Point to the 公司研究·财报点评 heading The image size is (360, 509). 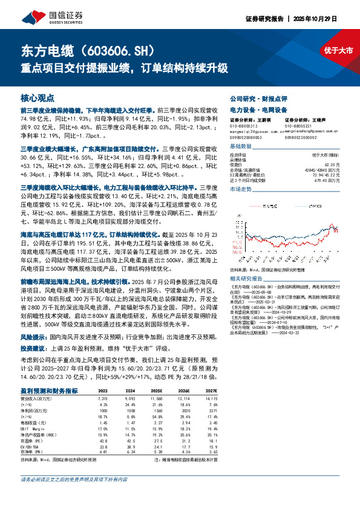[x=254, y=98]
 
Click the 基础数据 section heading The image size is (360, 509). [x=241, y=147]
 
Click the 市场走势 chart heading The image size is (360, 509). [x=241, y=189]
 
